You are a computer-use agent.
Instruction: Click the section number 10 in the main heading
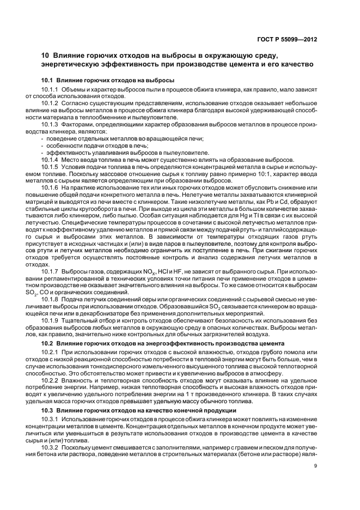tap(46, 56)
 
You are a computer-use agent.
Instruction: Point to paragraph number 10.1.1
tap(50, 89)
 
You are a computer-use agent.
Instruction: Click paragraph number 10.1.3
tap(50, 124)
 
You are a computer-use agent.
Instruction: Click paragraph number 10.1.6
tap(50, 188)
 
